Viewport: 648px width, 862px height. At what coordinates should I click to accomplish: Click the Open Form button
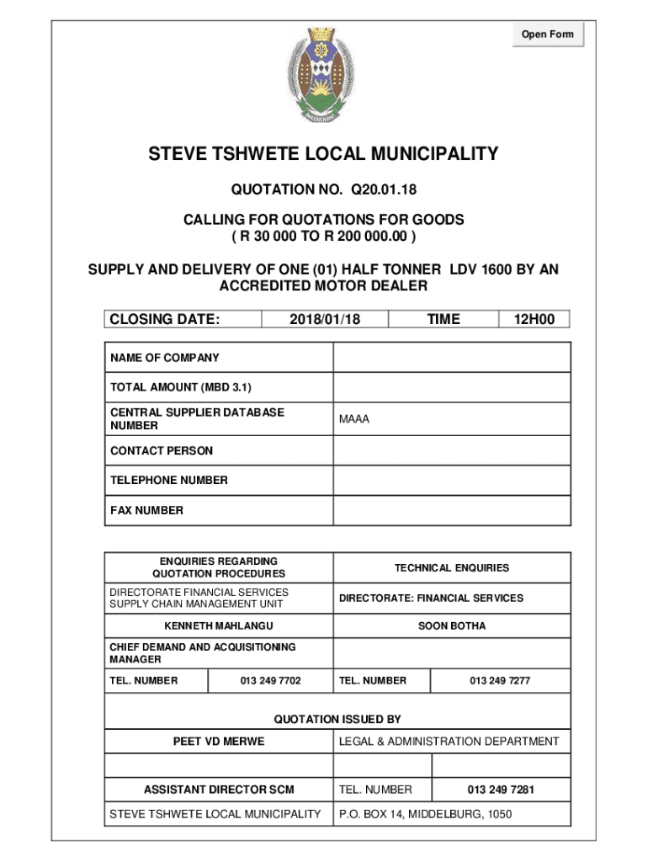(547, 35)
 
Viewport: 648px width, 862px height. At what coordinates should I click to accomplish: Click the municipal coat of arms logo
(323, 74)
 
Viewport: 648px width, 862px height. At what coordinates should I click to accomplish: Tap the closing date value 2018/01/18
(324, 319)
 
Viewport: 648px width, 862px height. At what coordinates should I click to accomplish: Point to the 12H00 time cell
(534, 319)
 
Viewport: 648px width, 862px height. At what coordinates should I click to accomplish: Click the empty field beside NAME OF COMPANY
(452, 358)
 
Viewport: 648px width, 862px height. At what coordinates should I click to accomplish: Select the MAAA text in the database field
(354, 419)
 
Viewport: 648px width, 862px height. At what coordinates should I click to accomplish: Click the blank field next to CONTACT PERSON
(452, 450)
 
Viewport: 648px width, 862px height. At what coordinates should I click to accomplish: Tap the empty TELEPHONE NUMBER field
(452, 480)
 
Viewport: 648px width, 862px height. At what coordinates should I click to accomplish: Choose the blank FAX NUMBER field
(452, 510)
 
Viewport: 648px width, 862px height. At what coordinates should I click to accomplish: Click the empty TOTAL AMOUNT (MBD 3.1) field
(452, 387)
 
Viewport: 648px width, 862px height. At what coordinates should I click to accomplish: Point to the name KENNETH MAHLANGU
(219, 626)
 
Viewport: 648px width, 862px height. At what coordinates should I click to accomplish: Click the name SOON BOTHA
(452, 626)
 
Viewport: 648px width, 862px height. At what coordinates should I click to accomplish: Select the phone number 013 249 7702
(270, 680)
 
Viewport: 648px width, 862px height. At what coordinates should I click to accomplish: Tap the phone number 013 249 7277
(500, 680)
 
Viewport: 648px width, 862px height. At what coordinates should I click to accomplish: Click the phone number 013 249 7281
(501, 790)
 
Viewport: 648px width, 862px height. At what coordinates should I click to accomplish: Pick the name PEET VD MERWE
(219, 742)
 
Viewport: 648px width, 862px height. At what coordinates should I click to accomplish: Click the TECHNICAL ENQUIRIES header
(452, 568)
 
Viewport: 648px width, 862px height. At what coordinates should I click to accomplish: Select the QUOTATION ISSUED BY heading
(337, 719)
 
